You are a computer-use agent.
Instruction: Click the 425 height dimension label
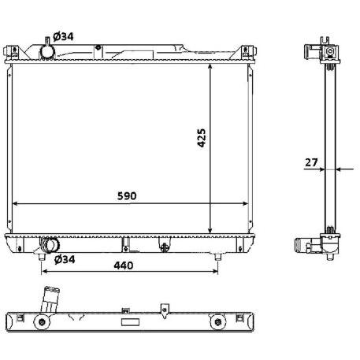(x=202, y=140)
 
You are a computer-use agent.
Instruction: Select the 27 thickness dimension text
(x=311, y=162)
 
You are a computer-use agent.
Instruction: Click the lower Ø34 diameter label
(x=65, y=258)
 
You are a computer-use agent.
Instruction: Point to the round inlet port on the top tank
(x=46, y=51)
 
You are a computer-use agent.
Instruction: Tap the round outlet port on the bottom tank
(x=51, y=243)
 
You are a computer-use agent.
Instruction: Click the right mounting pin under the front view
(x=218, y=256)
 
